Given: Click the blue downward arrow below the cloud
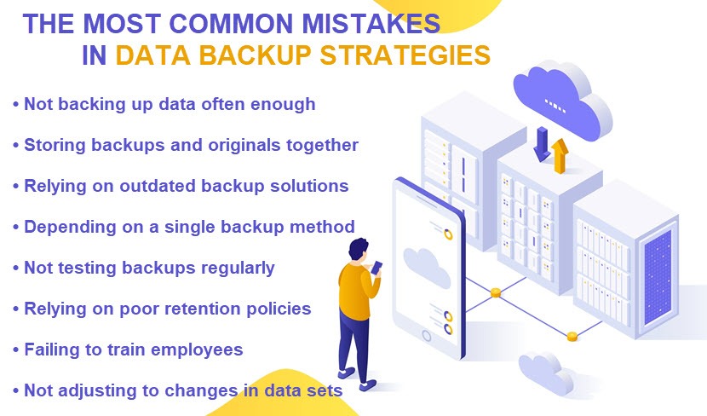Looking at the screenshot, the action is [542, 144].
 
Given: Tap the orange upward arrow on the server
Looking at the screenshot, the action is [560, 156].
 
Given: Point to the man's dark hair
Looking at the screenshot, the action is [358, 248].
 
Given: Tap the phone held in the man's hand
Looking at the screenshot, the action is [377, 268].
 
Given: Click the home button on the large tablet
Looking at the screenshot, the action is [426, 335].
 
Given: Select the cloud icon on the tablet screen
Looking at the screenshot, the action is [426, 267].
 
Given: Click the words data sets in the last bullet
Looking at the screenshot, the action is [303, 390].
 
